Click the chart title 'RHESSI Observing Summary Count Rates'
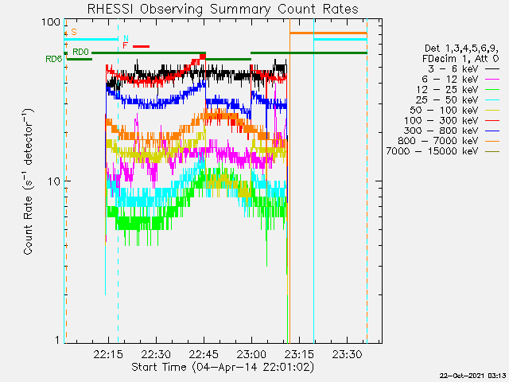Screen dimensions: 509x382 [223, 9]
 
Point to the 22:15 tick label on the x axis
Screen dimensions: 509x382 [108, 354]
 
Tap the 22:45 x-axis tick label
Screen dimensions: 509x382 [204, 354]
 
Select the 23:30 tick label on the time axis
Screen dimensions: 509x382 [347, 354]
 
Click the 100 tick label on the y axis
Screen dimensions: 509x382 [51, 22]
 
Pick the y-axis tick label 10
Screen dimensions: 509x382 [54, 181]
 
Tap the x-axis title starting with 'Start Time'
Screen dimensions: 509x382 [223, 367]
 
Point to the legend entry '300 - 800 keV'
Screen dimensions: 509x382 [452, 131]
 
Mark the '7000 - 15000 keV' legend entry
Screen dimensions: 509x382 [443, 151]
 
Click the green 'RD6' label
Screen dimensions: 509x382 [53, 59]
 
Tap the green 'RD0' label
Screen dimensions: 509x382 [80, 52]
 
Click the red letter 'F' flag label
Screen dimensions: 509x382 [126, 46]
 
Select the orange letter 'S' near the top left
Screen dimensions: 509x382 [74, 32]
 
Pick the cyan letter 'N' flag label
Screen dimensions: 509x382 [126, 39]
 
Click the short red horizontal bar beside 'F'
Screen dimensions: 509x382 [142, 46]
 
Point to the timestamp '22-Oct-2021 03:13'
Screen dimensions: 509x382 [473, 376]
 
